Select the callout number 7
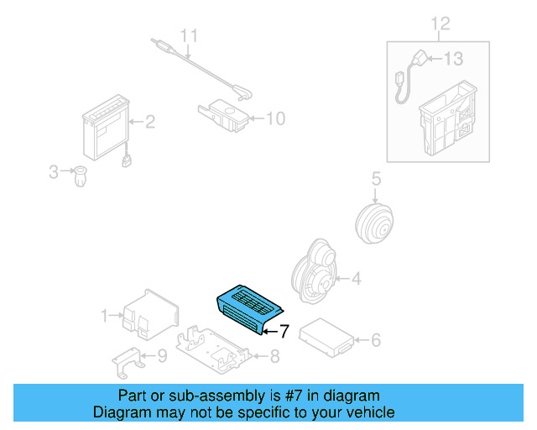coord(284,332)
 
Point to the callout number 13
coord(453,59)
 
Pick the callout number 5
coord(376,179)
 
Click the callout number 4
coord(356,279)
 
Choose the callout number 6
coord(376,340)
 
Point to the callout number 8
coord(274,355)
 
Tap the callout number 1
coord(105,316)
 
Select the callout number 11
coord(190,36)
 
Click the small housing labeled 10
coord(222,114)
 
